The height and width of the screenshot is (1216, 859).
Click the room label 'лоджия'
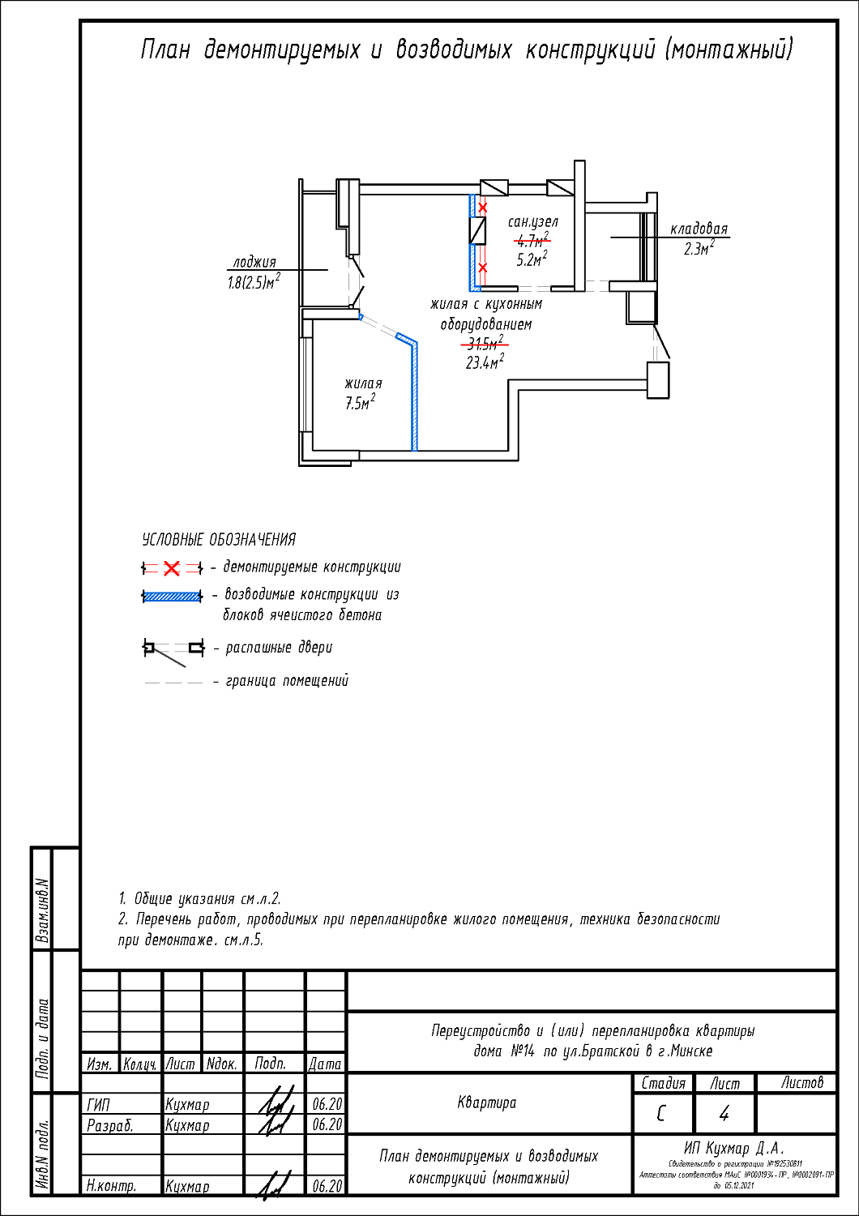(254, 263)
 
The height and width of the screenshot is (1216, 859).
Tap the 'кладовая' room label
(699, 229)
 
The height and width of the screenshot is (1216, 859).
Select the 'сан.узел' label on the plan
(532, 221)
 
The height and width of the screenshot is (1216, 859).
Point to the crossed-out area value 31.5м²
(485, 344)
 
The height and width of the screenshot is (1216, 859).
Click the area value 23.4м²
(485, 362)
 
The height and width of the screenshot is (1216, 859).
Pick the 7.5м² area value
(360, 403)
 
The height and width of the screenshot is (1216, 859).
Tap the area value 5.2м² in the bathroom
(532, 259)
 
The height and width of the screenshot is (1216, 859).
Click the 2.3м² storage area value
(699, 249)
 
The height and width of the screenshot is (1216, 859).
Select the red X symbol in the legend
(171, 568)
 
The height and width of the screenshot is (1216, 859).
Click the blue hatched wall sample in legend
(172, 597)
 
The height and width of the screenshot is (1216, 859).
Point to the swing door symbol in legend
(171, 649)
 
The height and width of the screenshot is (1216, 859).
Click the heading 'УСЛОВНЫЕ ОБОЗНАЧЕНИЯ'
(219, 540)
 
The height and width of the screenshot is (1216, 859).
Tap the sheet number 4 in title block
(724, 1114)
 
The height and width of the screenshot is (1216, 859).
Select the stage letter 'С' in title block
(661, 1114)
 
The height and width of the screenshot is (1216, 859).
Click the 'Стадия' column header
(663, 1083)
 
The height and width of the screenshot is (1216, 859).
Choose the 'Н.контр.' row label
(111, 1186)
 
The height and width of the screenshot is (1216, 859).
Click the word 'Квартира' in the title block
(486, 1103)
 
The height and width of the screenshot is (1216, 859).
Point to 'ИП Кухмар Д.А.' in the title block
(734, 1148)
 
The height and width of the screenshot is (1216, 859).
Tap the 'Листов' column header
(801, 1083)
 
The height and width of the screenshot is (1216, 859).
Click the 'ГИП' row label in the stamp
(98, 1104)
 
